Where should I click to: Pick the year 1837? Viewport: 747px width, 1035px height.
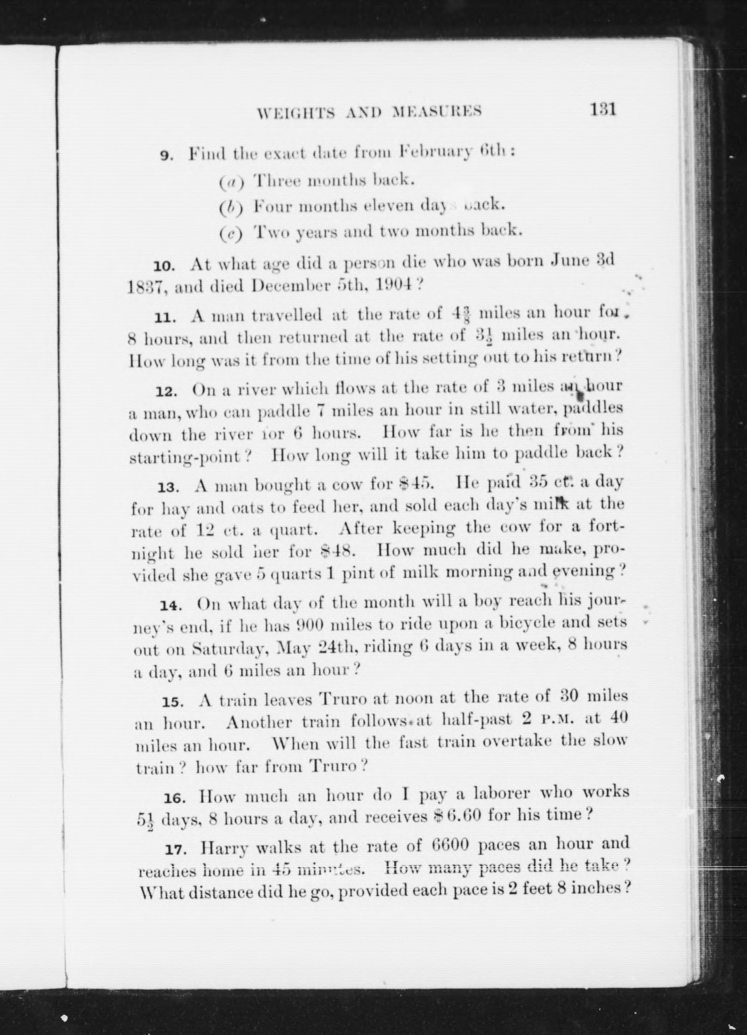[142, 287]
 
